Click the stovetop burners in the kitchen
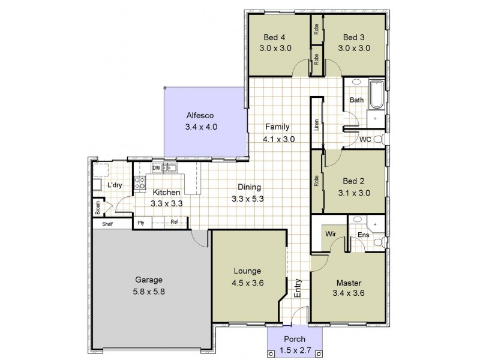[x=141, y=184]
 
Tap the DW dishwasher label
[x=156, y=168]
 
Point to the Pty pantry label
[x=141, y=223]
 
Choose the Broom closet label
[x=98, y=207]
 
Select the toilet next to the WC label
[x=379, y=139]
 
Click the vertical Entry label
[x=298, y=289]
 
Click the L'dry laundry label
[x=115, y=185]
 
